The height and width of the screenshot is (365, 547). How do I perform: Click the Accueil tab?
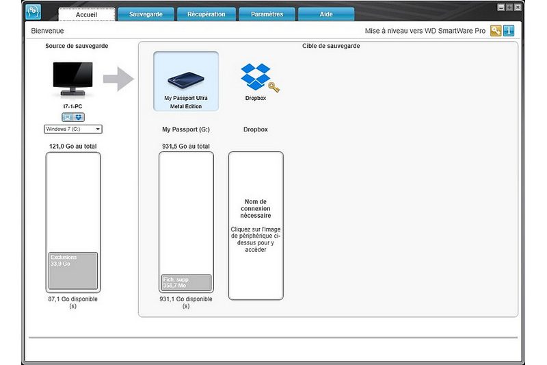point(87,14)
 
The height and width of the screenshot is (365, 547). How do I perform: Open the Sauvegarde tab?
point(146,14)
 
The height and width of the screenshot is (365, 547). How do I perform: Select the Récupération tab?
point(206,14)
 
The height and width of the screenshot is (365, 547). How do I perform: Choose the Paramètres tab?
point(267,14)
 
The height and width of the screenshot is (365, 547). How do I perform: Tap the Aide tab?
point(326,14)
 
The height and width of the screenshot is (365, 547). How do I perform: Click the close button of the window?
point(518,7)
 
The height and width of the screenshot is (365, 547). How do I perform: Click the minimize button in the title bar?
point(501,7)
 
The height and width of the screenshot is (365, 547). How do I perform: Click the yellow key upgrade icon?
point(496,31)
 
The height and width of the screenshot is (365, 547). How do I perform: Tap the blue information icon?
point(509,31)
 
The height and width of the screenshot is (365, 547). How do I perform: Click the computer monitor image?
point(72,79)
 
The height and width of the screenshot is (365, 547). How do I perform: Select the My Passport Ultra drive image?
point(186,81)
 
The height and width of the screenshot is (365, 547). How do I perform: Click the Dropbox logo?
point(256,76)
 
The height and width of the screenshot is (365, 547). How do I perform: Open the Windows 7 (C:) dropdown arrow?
point(98,129)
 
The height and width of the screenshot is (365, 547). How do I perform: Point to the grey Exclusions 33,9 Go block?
point(73,270)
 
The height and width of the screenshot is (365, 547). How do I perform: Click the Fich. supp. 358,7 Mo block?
point(186,283)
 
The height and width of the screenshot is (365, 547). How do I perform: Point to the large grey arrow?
point(118,79)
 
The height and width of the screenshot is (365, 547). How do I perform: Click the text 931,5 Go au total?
point(186,147)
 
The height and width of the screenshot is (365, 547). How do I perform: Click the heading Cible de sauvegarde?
point(331,46)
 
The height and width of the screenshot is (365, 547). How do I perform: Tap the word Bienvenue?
point(47,31)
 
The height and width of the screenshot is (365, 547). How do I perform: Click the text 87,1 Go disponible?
point(73,299)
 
